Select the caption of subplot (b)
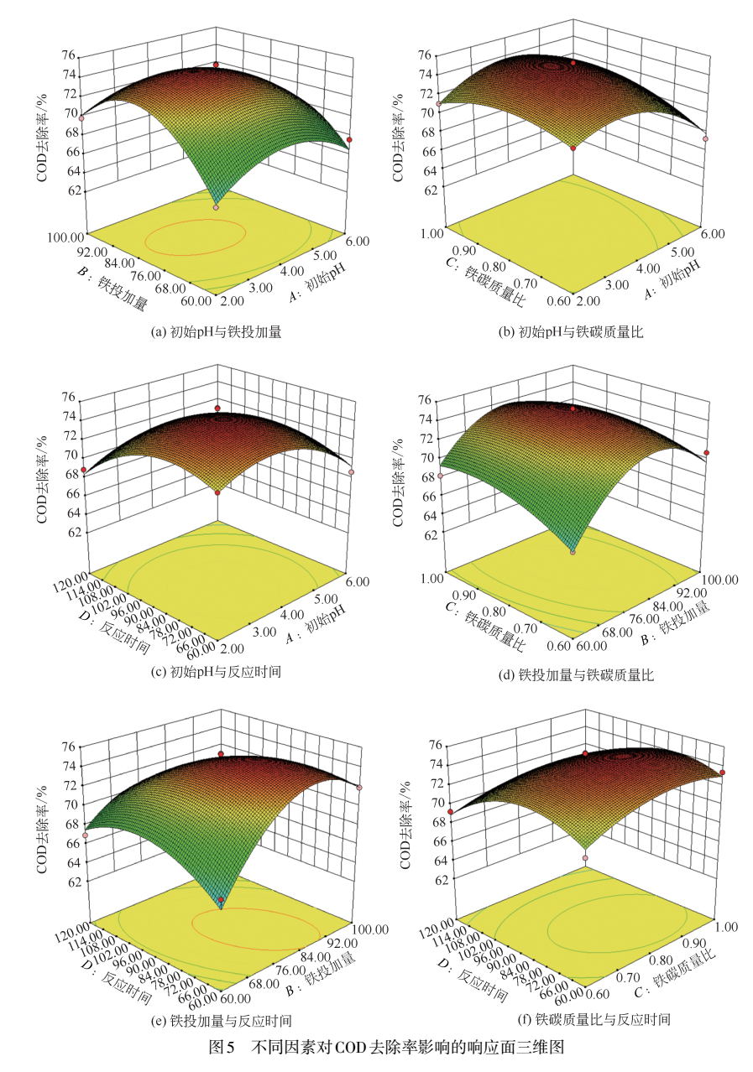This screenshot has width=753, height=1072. pyautogui.click(x=571, y=332)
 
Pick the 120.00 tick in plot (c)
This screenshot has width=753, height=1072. pyautogui.click(x=71, y=577)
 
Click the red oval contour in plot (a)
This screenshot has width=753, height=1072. pyautogui.click(x=196, y=237)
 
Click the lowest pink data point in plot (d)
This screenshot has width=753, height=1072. pyautogui.click(x=573, y=551)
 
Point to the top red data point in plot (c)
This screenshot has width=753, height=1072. pyautogui.click(x=217, y=409)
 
